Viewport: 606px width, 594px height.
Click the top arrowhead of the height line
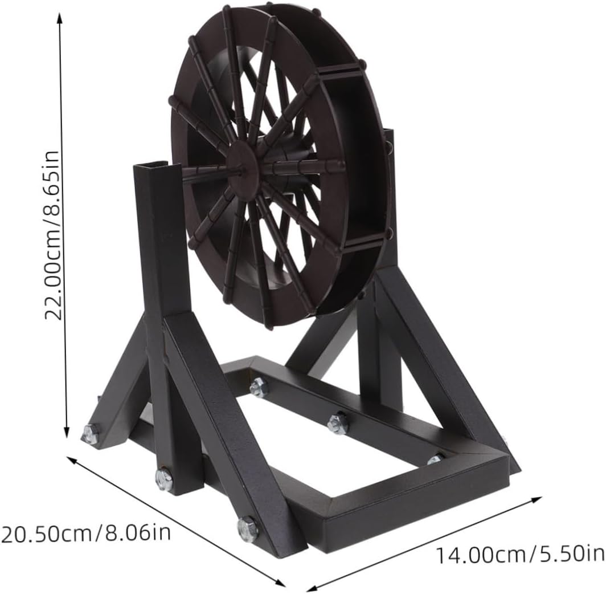click(x=59, y=17)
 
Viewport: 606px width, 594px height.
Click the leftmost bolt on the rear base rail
click(x=258, y=387)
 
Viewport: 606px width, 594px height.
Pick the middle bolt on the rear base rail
click(x=337, y=424)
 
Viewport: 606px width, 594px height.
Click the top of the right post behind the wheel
click(x=389, y=135)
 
